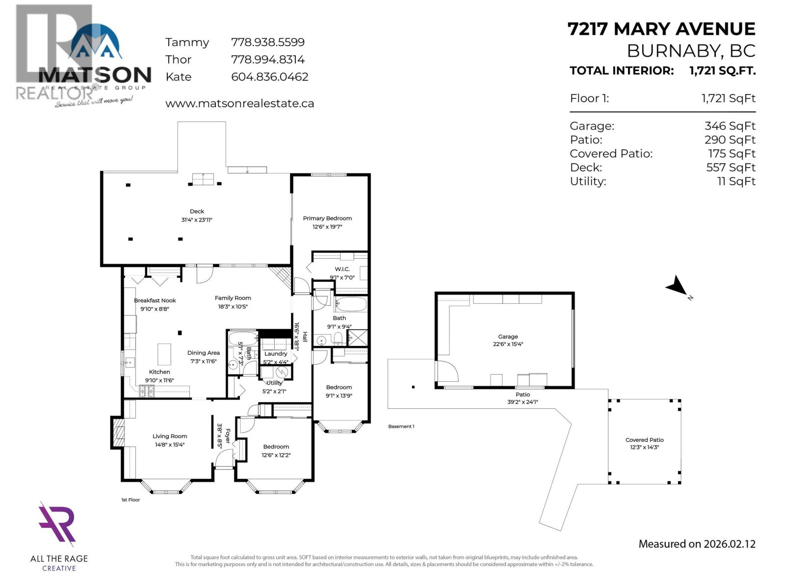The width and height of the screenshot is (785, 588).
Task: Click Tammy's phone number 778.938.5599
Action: (267, 43)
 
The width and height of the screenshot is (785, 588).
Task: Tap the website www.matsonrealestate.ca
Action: (239, 104)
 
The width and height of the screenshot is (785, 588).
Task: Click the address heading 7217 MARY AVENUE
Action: (661, 29)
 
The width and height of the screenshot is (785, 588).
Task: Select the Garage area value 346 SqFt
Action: (730, 126)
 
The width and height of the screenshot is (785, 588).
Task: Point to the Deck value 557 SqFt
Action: (731, 168)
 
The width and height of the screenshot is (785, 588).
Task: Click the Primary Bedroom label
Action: (327, 219)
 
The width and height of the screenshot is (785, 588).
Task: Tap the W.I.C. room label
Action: (342, 269)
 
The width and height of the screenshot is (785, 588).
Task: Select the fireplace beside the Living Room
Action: (118, 432)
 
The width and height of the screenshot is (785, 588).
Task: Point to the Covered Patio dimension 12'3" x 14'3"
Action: (644, 447)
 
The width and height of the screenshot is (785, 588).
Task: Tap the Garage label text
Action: (508, 337)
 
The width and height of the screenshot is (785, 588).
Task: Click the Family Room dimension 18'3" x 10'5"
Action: (233, 307)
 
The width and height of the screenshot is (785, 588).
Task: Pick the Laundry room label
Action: (276, 354)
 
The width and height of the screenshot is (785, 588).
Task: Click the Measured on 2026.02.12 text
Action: (697, 544)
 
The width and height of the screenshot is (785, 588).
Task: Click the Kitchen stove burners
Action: (147, 391)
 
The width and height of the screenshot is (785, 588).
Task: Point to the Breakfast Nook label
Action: (155, 300)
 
